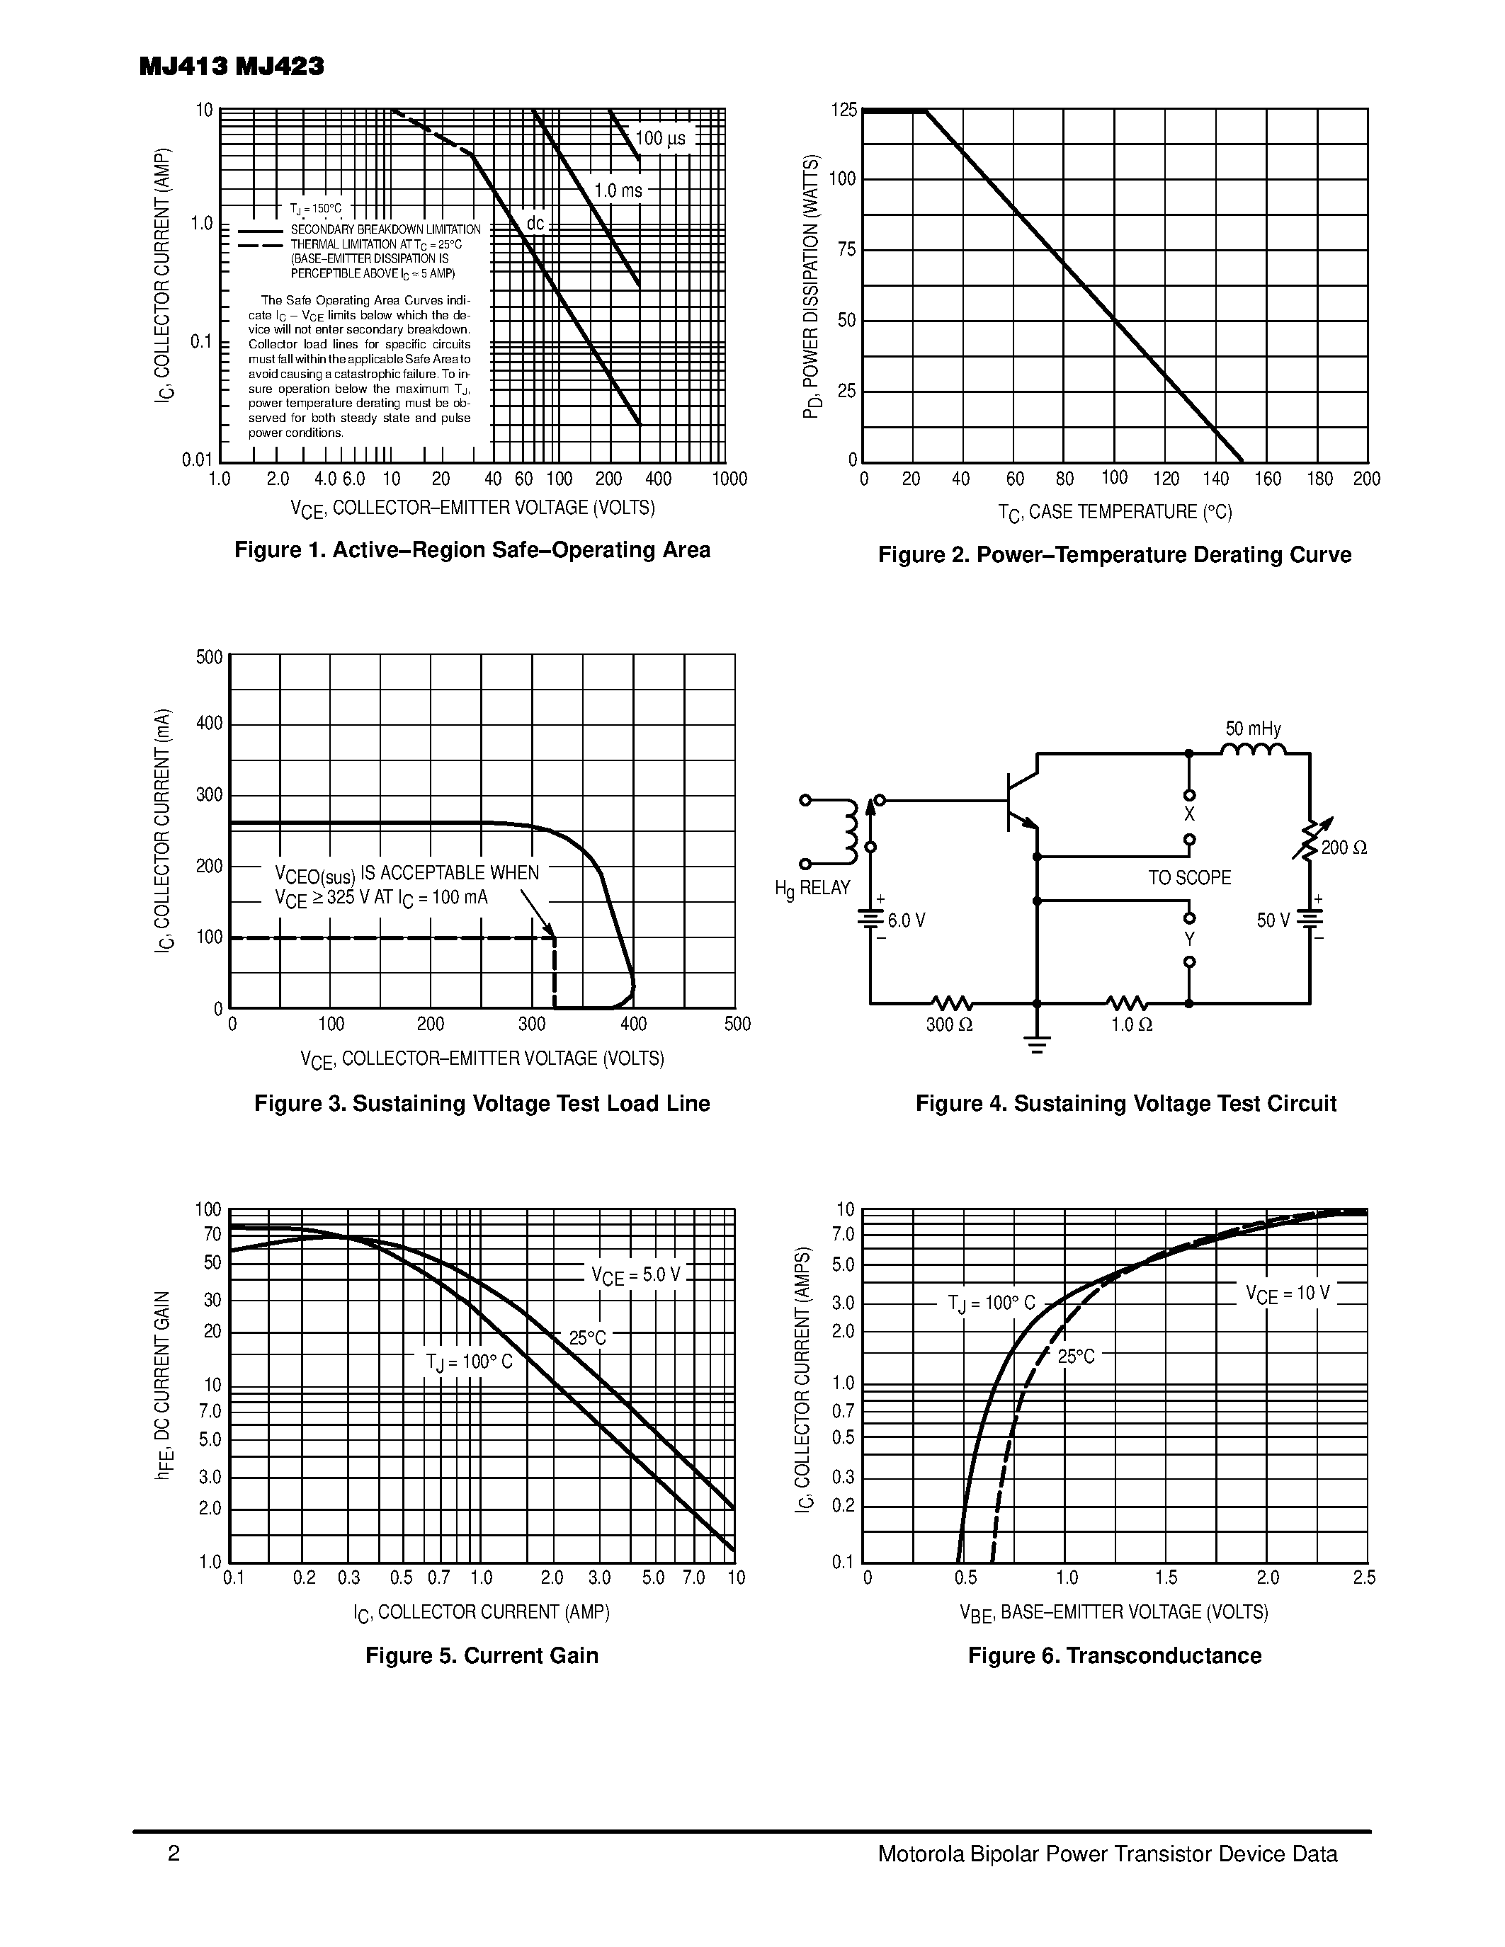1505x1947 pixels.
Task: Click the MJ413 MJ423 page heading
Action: click(x=232, y=67)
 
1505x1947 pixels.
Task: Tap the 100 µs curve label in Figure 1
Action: click(x=661, y=138)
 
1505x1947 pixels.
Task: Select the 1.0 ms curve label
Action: click(x=618, y=190)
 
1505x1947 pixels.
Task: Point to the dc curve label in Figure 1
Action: click(x=535, y=223)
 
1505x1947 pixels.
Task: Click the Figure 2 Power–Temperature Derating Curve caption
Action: click(x=1115, y=554)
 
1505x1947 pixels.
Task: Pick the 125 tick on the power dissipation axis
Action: click(x=844, y=110)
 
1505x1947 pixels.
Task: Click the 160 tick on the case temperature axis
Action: click(x=1267, y=479)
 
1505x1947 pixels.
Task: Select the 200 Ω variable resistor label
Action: click(x=1344, y=847)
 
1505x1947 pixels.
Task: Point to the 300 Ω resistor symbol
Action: click(x=950, y=1004)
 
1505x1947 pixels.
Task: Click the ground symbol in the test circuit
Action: click(x=1037, y=1044)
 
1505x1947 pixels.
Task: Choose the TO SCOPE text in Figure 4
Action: click(x=1189, y=878)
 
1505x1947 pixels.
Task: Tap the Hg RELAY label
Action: click(x=812, y=889)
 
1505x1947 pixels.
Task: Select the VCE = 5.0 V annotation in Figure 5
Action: click(x=636, y=1276)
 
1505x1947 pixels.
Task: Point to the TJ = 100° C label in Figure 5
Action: click(x=469, y=1363)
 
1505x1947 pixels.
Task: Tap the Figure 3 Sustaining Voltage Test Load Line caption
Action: click(x=482, y=1104)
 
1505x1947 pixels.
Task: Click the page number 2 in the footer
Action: click(x=174, y=1854)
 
